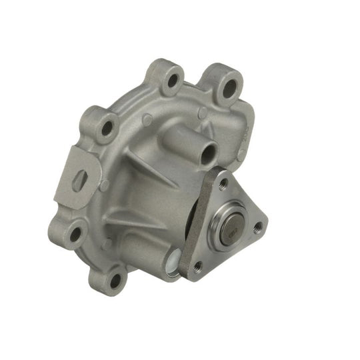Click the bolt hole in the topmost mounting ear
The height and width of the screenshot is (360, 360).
coord(173,81)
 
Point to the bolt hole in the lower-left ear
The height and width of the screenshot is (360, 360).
coord(75,233)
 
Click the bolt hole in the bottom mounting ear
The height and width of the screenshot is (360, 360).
coord(117,279)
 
